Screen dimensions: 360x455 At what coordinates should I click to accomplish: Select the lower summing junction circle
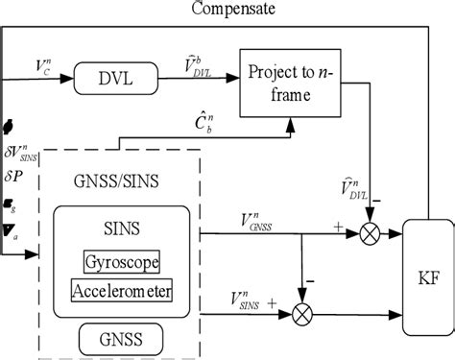coord(303,312)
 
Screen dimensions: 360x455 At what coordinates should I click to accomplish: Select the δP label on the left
coord(16,177)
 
